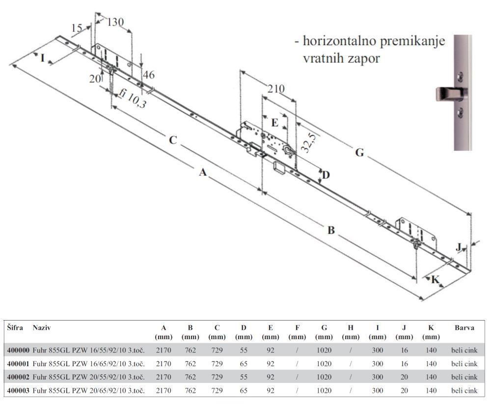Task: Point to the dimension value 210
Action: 275,89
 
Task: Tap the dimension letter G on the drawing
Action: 359,153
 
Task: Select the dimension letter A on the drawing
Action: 202,172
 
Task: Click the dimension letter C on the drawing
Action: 172,140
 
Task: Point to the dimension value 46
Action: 148,75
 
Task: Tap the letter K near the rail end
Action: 435,280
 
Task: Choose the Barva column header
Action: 464,327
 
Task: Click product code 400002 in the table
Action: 18,377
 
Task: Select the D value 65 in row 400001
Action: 244,364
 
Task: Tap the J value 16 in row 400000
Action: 404,350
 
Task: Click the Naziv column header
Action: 42,327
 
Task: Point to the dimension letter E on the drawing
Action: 275,122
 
